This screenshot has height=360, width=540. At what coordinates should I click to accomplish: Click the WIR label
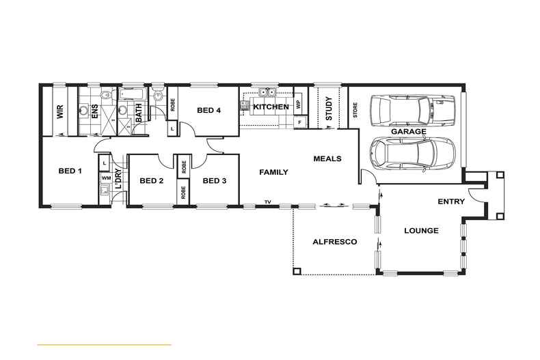point(60,112)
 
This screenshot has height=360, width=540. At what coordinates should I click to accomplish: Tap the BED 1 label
point(70,171)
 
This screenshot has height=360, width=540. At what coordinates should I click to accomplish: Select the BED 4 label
point(209,110)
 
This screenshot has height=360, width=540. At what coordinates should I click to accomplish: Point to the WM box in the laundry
point(106,178)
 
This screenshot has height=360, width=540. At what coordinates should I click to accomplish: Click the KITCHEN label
point(271,107)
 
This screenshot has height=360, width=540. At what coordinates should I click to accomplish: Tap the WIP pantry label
point(299,107)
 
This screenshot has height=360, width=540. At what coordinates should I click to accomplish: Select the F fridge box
point(299,123)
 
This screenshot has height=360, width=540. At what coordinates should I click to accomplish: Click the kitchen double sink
point(265,94)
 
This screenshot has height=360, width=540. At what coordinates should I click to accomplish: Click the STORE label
point(355,110)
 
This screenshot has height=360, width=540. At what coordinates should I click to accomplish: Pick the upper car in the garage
point(412,109)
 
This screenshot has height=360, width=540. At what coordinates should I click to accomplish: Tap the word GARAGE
point(408,131)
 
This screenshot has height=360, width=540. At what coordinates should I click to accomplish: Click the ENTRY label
point(451,202)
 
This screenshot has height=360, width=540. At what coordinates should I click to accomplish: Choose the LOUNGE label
point(420,231)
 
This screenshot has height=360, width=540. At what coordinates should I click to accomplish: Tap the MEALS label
point(327,158)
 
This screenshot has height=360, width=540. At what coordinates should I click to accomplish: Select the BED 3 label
point(215,180)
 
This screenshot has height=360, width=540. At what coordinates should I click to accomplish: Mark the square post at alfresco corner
point(296,271)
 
